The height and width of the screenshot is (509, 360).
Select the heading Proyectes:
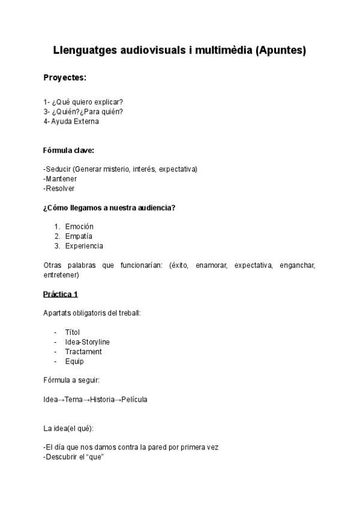click(65, 78)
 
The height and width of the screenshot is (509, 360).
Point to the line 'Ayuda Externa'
click(75, 121)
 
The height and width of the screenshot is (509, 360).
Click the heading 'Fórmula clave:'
click(69, 150)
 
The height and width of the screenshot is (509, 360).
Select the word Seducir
click(59, 169)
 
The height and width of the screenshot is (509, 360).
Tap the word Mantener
click(61, 179)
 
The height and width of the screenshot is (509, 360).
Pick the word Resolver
click(60, 188)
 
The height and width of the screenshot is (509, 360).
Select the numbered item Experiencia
click(84, 246)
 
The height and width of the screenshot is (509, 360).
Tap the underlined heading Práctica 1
click(61, 294)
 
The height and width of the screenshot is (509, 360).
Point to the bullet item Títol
click(72, 333)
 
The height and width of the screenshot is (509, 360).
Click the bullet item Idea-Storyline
click(87, 342)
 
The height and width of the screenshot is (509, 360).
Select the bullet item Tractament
click(83, 352)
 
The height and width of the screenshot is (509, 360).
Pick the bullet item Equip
click(74, 361)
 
